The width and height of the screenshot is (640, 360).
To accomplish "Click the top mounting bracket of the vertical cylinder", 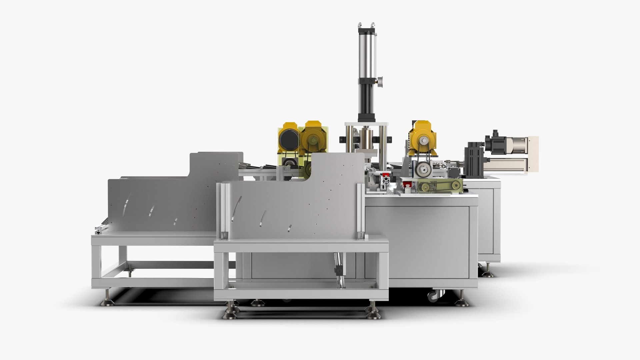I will point(366,26).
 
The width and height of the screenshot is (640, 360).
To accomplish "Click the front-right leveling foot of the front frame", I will point(373,313).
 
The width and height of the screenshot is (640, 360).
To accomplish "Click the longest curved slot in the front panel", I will point(238,209).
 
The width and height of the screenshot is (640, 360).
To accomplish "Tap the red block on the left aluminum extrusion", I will point(386,175).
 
